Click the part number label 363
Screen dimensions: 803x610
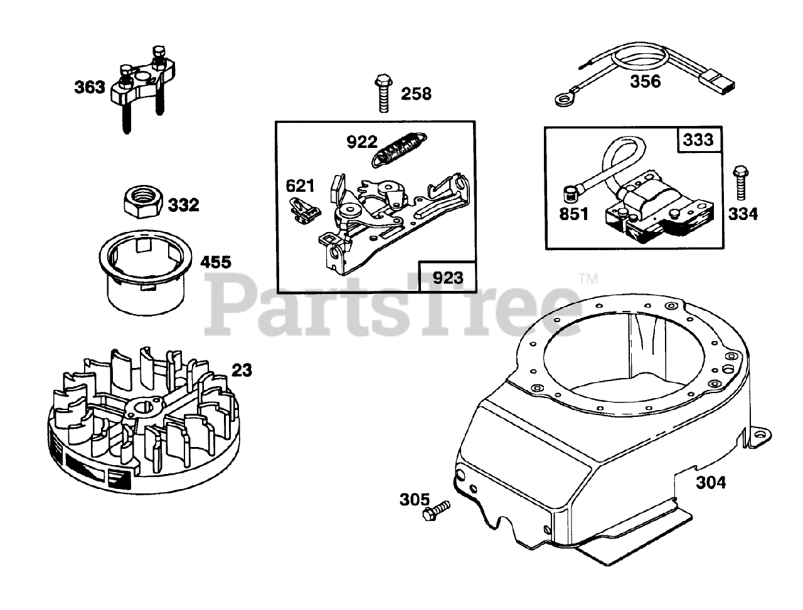pos(90,87)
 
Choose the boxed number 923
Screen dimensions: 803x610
pos(447,277)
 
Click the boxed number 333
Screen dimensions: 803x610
pos(699,139)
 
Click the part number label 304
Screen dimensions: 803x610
pos(710,483)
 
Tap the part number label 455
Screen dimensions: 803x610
pos(215,261)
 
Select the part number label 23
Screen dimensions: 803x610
pos(242,371)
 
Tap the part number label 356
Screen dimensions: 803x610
pos(646,82)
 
